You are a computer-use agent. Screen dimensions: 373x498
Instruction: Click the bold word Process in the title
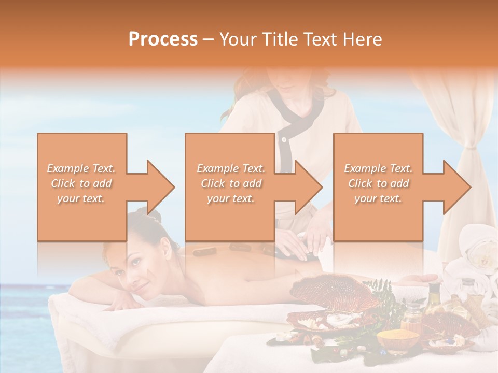pyautogui.click(x=163, y=39)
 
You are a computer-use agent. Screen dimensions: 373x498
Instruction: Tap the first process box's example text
pyautogui.click(x=81, y=183)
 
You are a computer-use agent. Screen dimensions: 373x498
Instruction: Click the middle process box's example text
pyautogui.click(x=231, y=183)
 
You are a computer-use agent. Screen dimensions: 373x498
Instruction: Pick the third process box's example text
pyautogui.click(x=378, y=183)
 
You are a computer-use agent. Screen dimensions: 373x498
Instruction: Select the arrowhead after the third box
pyautogui.click(x=456, y=187)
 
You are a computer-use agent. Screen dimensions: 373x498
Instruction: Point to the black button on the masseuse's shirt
pyautogui.click(x=283, y=139)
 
